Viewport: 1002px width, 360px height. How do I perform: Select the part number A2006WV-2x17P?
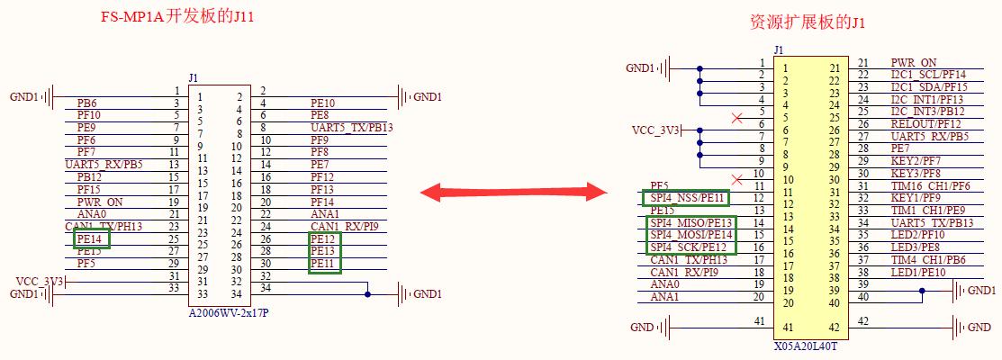pos(229,312)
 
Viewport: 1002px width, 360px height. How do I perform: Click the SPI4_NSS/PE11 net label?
pos(689,198)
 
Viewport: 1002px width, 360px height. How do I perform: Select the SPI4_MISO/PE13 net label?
pos(691,222)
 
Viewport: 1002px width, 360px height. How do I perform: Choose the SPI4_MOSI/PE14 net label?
pos(691,235)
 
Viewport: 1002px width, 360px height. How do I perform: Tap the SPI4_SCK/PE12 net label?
pos(690,247)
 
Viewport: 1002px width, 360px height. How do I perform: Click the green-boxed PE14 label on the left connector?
pos(92,238)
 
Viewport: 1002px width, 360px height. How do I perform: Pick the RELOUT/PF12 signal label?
pos(925,124)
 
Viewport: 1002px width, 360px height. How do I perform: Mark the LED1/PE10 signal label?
pos(918,273)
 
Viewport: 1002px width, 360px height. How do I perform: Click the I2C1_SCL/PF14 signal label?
pos(928,75)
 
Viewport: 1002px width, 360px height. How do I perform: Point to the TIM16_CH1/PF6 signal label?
pos(929,186)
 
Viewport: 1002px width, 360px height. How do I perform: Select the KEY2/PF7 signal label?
pos(916,161)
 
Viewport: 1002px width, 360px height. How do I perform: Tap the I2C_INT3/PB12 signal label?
pos(927,112)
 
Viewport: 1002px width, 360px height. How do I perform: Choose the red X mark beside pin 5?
pos(737,118)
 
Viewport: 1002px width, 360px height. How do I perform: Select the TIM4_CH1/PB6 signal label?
pos(926,260)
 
